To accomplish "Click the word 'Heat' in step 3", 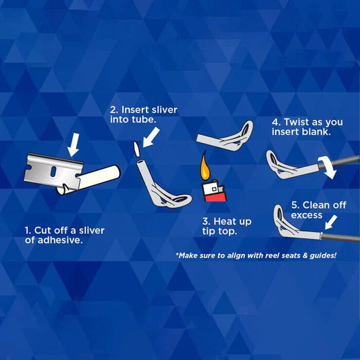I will [x=228, y=221].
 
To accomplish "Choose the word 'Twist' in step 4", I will [x=298, y=122].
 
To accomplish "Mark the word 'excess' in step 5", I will [x=307, y=215].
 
